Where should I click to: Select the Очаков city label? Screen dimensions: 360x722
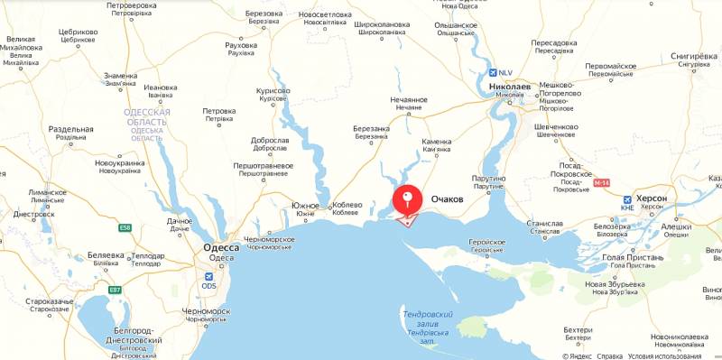(x=448, y=198)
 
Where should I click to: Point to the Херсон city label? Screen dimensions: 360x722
(x=651, y=198)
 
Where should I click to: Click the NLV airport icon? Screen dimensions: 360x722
(x=493, y=73)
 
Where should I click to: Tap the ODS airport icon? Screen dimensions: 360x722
(x=209, y=275)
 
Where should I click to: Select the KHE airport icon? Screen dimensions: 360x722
(x=627, y=208)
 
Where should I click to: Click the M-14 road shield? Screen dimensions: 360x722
(x=602, y=183)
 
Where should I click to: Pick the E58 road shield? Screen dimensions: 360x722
(x=126, y=227)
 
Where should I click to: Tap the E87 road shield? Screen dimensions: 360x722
(x=115, y=290)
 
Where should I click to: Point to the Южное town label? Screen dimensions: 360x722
(x=306, y=207)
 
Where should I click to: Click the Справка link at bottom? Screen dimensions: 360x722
(x=610, y=355)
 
